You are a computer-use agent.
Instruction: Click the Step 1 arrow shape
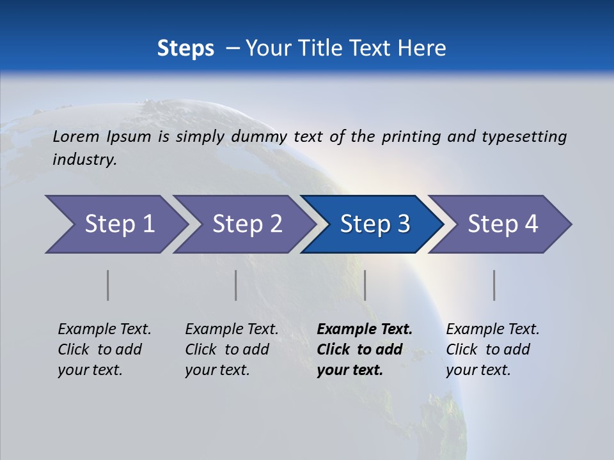[x=115, y=224]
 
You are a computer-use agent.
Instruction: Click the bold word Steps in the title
[x=185, y=49]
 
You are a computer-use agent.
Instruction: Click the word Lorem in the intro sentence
[x=76, y=136]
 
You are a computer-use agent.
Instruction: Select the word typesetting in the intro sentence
[x=524, y=136]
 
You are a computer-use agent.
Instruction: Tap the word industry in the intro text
[x=84, y=160]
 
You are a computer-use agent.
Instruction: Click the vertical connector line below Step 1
[x=108, y=285]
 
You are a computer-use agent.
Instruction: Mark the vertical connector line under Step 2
[x=236, y=285]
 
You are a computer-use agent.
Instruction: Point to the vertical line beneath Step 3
[x=365, y=285]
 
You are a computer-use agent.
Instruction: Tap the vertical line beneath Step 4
[x=494, y=285]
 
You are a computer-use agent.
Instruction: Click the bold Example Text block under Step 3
[x=365, y=349]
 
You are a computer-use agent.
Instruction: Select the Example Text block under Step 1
[x=104, y=349]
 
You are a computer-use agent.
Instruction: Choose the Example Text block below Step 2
[x=232, y=349]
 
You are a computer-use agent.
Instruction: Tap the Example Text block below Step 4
[x=492, y=349]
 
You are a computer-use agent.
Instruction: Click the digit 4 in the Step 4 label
[x=530, y=224]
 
